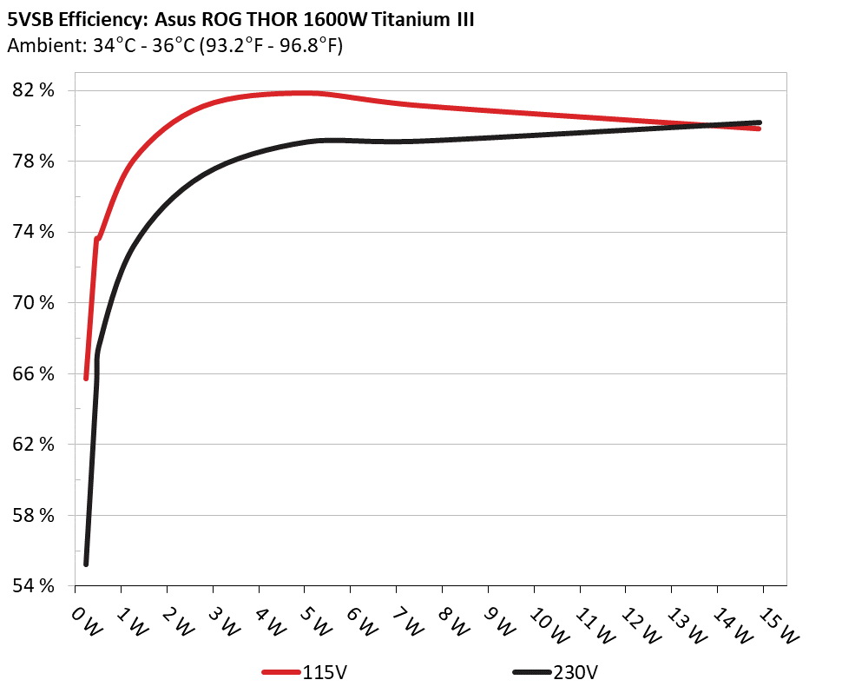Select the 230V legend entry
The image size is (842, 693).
pyautogui.click(x=556, y=672)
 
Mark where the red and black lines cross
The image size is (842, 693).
pyautogui.click(x=715, y=125)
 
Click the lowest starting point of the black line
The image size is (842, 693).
pyautogui.click(x=86, y=564)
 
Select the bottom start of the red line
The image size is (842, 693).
pyautogui.click(x=86, y=378)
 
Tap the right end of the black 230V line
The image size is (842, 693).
pyautogui.click(x=759, y=122)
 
